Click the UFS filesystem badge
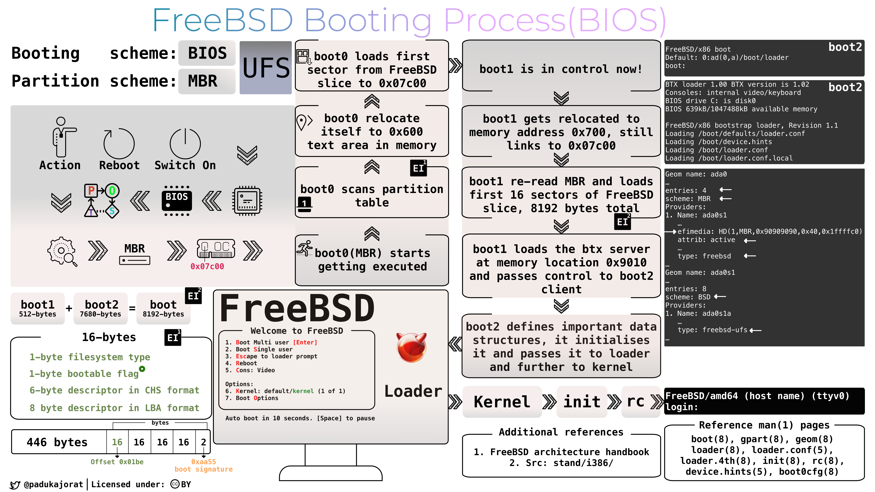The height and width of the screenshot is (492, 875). [266, 68]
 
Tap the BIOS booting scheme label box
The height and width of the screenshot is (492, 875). [207, 53]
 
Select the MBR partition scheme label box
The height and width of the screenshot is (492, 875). [207, 81]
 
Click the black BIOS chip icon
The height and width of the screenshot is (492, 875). [177, 201]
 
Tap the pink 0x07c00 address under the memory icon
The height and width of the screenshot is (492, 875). [207, 266]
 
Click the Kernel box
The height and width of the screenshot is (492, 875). [502, 402]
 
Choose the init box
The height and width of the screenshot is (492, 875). [582, 402]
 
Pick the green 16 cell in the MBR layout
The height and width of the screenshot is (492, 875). [117, 442]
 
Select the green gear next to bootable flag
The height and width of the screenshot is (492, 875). [142, 369]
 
